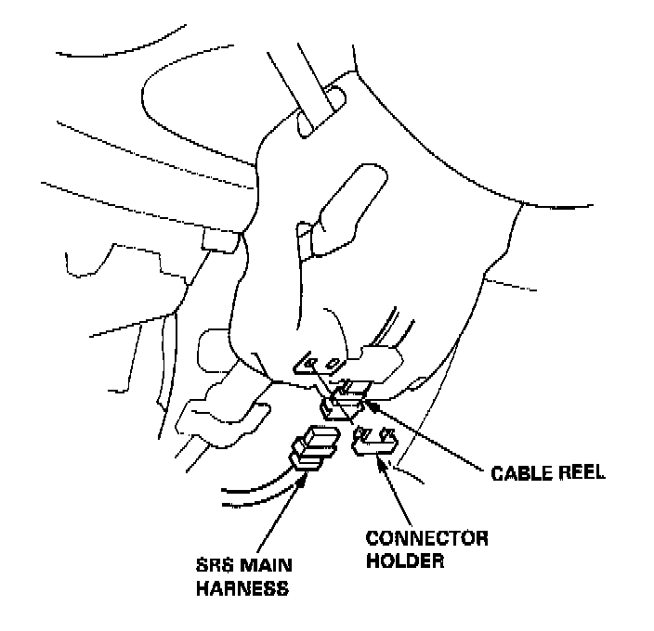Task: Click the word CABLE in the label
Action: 518,473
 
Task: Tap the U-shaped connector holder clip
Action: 375,444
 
